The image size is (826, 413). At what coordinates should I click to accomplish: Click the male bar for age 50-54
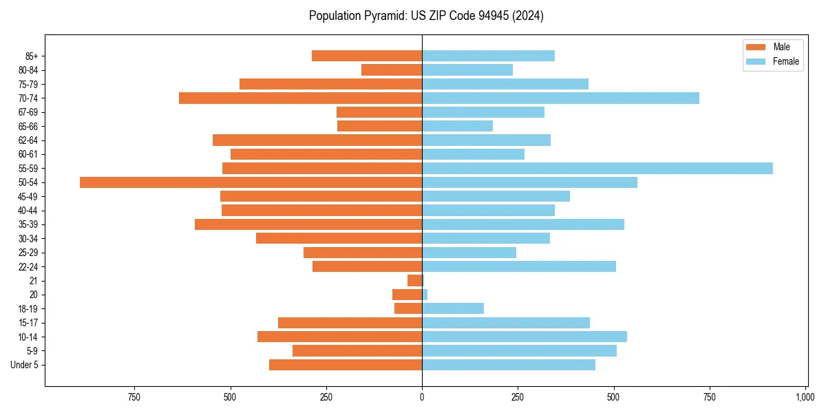pos(251,182)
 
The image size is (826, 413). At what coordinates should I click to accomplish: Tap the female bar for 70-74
pos(560,98)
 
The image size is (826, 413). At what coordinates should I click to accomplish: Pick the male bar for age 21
pos(415,281)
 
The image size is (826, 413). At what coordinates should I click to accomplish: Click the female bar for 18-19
pos(453,308)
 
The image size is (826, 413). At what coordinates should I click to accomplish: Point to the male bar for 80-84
pos(392,70)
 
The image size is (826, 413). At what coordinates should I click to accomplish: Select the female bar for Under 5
pos(509,365)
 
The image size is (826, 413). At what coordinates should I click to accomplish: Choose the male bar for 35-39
pos(308,224)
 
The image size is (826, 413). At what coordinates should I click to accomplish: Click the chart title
pos(426,16)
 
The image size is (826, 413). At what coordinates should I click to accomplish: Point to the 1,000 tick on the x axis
pos(805,397)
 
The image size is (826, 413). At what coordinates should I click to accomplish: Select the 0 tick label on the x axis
pos(422,397)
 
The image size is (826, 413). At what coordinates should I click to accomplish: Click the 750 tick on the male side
pos(134,397)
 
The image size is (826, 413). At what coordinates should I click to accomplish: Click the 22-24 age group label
pos(28,266)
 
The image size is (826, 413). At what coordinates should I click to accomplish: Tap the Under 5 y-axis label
pos(24,365)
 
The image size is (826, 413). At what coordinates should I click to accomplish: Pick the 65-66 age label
pos(28,126)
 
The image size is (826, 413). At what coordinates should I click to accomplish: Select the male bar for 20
pos(407,295)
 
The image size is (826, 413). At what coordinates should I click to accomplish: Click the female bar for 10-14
pos(525,337)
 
